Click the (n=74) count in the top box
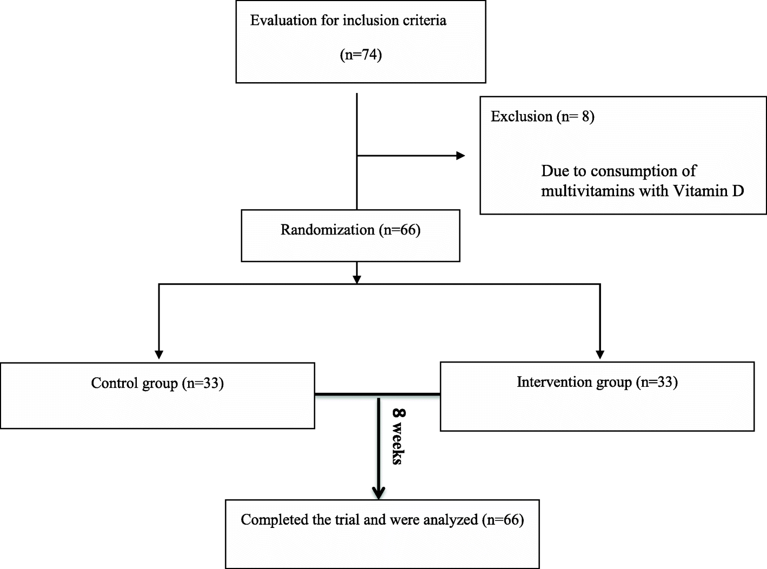(361, 55)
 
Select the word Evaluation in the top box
(283, 21)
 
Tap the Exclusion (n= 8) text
(542, 116)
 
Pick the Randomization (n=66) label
(350, 230)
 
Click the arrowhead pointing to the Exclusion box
(460, 156)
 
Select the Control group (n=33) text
(157, 383)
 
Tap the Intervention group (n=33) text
(597, 382)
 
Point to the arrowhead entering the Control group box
(159, 354)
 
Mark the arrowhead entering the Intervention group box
(599, 354)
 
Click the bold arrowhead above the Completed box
(379, 492)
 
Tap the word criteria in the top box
(424, 21)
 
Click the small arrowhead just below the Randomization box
(356, 279)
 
